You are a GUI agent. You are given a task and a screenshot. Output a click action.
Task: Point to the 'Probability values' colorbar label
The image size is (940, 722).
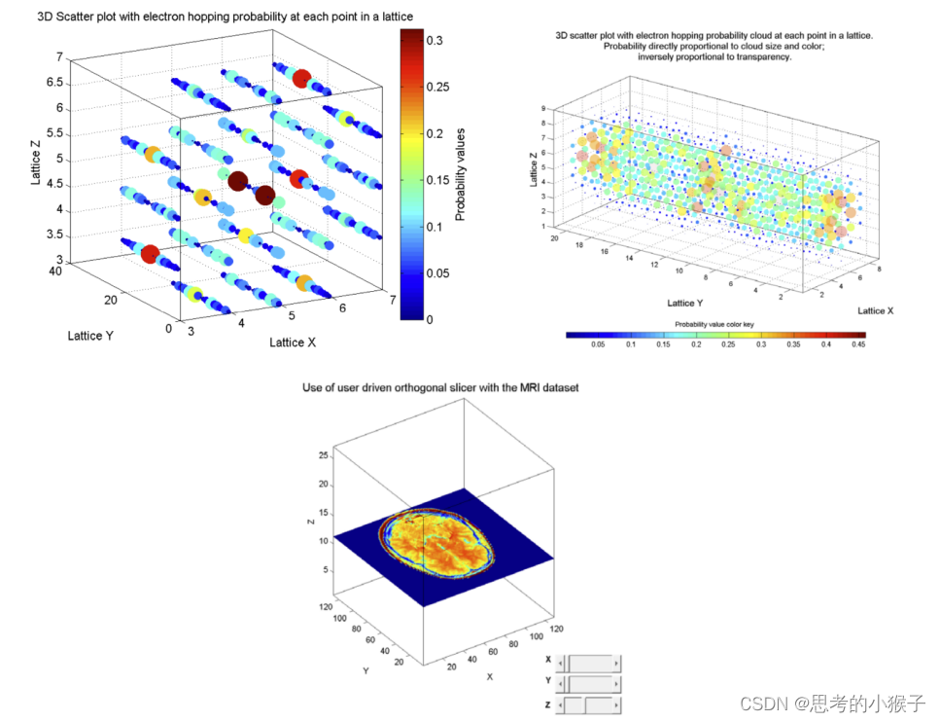pyautogui.click(x=463, y=173)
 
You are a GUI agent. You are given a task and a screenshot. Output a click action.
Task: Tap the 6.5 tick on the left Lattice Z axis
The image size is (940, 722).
pyautogui.click(x=54, y=83)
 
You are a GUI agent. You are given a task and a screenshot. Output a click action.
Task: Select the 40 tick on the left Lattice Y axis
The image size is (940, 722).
pyautogui.click(x=57, y=272)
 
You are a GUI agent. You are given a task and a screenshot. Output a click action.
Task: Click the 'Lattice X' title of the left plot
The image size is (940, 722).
pyautogui.click(x=293, y=343)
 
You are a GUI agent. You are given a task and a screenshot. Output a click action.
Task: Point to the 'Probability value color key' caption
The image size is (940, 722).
pyautogui.click(x=714, y=323)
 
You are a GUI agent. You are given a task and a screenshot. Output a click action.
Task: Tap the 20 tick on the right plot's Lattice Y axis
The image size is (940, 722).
pyautogui.click(x=555, y=236)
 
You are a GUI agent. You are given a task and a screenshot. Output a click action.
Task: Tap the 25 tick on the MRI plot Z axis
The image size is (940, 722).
pyautogui.click(x=323, y=454)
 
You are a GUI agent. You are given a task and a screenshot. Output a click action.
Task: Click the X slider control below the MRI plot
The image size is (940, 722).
pyautogui.click(x=591, y=661)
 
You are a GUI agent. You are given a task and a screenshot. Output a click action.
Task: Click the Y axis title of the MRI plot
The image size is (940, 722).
pyautogui.click(x=366, y=670)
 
